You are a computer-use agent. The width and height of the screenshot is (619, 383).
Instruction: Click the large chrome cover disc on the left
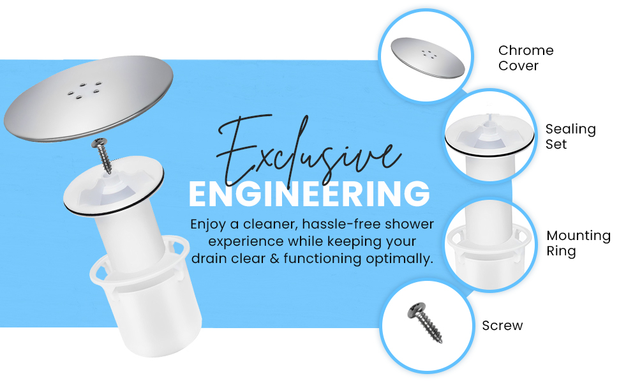[89, 98]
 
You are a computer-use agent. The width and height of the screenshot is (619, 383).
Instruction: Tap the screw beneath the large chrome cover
[103, 156]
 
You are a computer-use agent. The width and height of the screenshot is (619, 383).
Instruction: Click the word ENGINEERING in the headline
[309, 193]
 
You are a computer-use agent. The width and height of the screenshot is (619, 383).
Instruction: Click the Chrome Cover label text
[526, 58]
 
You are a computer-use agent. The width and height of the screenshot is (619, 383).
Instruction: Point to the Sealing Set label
[571, 137]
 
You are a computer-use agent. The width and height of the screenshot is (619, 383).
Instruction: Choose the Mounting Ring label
[578, 243]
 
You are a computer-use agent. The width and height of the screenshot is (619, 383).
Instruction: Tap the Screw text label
[502, 326]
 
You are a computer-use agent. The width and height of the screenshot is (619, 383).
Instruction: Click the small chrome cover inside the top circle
[428, 58]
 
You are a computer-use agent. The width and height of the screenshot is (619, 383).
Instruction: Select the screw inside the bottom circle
[425, 322]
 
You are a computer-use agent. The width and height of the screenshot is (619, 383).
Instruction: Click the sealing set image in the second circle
[489, 142]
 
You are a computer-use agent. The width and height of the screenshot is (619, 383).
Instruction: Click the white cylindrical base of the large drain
[148, 300]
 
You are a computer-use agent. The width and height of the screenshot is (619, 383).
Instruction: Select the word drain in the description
[209, 259]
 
